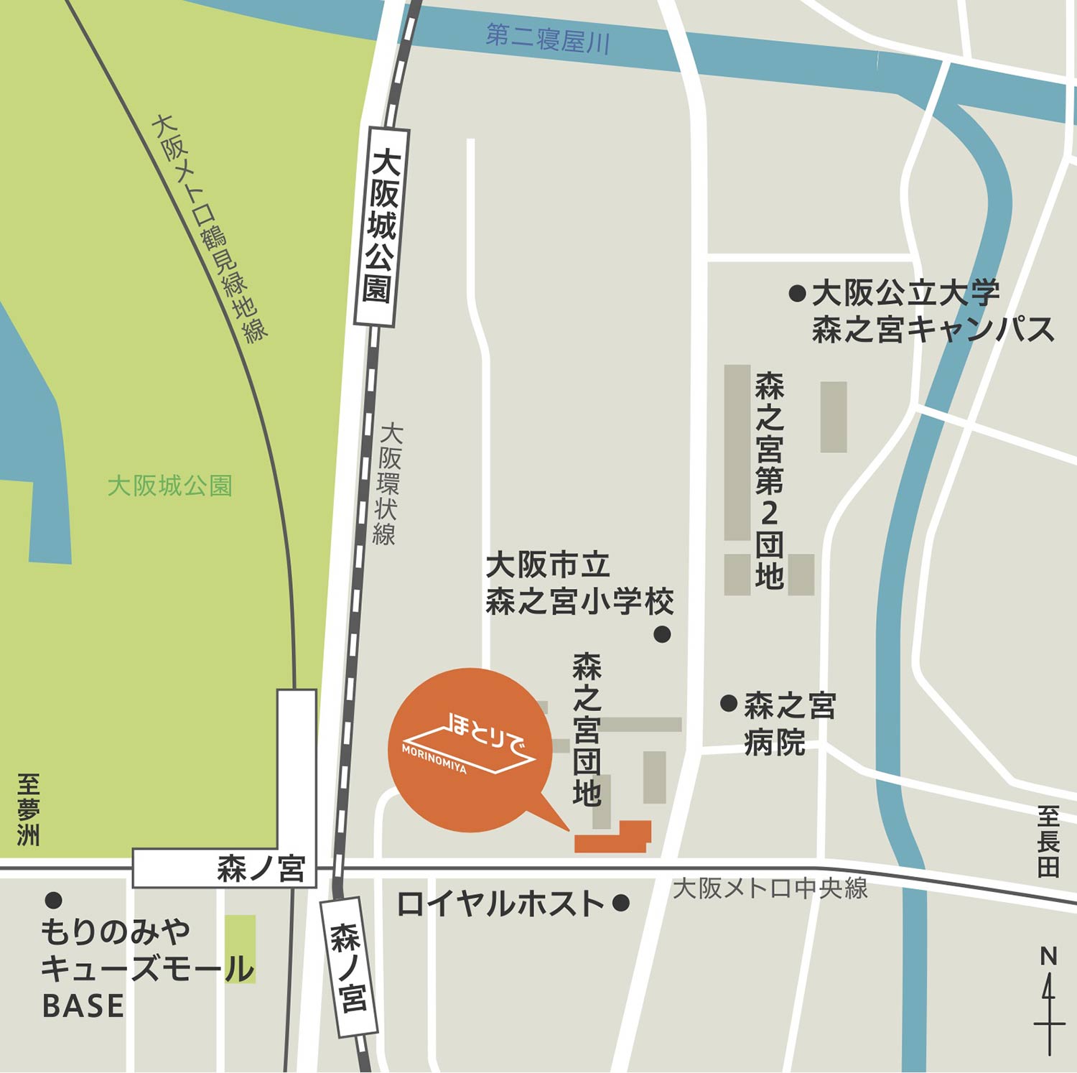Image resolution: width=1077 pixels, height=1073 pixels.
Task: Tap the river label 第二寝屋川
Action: [x=547, y=40]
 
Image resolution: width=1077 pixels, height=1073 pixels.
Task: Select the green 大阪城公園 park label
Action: [x=169, y=486]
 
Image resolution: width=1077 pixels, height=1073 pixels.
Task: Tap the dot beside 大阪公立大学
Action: [x=796, y=293]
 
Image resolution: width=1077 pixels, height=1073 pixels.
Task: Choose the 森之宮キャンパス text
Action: [x=933, y=330]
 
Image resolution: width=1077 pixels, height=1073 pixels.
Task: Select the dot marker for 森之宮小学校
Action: [x=662, y=634]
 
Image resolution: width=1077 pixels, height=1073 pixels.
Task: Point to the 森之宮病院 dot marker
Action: [x=729, y=703]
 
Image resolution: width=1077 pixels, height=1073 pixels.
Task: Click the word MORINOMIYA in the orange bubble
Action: [x=434, y=758]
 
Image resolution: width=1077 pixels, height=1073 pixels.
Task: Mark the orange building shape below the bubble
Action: [x=615, y=839]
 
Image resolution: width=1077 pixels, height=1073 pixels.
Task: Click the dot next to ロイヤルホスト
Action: [x=621, y=903]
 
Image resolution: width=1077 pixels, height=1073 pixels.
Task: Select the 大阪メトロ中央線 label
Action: [x=770, y=888]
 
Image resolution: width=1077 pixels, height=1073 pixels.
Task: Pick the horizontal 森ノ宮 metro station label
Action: [x=261, y=869]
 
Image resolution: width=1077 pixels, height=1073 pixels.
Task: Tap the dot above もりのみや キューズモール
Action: [x=53, y=899]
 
